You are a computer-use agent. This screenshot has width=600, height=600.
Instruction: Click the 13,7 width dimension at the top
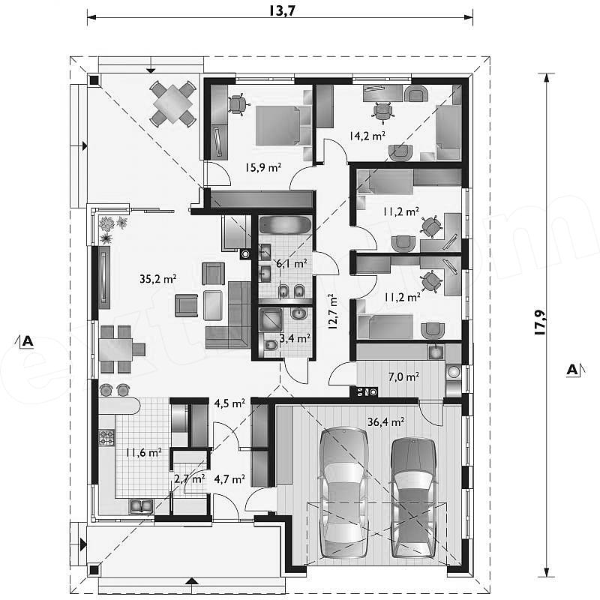282,10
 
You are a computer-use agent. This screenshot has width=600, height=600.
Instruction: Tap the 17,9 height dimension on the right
539,322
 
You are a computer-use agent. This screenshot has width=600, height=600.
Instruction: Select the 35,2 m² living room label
157,278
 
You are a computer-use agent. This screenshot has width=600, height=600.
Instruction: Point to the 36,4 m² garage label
385,421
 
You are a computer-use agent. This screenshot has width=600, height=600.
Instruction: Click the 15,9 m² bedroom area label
263,167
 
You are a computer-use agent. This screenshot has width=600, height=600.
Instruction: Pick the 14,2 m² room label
367,136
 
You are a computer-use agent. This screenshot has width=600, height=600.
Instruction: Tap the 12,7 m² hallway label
332,311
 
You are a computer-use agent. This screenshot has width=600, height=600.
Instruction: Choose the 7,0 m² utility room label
403,377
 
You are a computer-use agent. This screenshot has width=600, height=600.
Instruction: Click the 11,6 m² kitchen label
143,453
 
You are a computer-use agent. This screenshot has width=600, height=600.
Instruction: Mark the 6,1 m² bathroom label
292,263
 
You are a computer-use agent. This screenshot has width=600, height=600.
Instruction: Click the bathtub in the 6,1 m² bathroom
286,224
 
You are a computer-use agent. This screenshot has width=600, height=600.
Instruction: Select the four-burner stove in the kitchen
106,438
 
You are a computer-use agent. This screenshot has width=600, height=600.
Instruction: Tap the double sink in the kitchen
141,505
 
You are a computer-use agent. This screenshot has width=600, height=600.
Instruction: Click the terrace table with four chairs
173,103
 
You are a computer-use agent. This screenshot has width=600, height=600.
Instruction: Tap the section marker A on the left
27,340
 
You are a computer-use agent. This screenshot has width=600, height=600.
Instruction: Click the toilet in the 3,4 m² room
270,346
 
